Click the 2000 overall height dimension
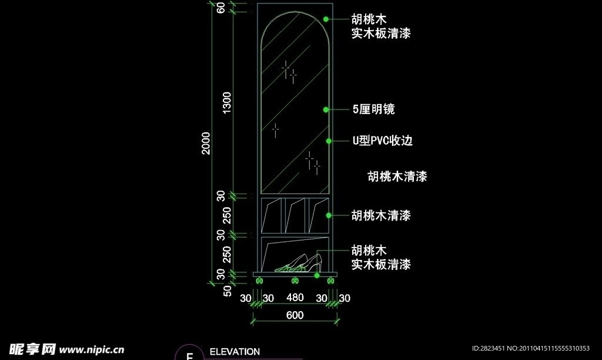tap(206, 143)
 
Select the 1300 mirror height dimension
tap(228, 104)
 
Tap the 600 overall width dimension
tap(295, 315)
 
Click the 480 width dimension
tap(295, 298)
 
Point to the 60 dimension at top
tap(221, 8)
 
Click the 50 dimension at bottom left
tap(228, 290)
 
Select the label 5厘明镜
tap(373, 109)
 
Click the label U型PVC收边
tap(382, 141)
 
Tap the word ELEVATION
tap(235, 352)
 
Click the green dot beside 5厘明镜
tap(325, 109)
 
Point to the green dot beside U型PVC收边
tap(329, 141)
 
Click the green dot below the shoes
tap(317, 275)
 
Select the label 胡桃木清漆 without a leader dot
tap(397, 176)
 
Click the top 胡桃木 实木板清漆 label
tap(381, 27)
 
